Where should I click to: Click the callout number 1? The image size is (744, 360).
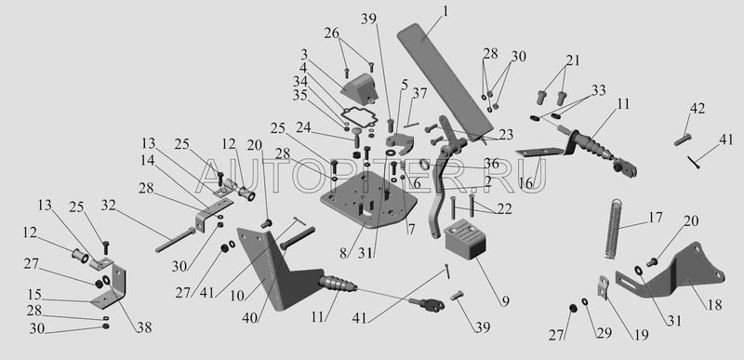(445, 11)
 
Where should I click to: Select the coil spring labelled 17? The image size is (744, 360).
(614, 229)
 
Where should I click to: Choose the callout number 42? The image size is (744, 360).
(697, 108)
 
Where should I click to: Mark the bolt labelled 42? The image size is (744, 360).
(683, 140)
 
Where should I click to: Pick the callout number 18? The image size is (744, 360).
(714, 304)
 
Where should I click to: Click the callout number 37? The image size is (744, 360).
(420, 94)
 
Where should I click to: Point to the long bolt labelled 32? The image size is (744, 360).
(175, 239)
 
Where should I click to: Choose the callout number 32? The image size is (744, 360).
(108, 206)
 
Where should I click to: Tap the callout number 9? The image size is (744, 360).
(504, 300)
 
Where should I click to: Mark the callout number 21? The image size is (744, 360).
(573, 60)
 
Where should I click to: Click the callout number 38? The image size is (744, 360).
(145, 327)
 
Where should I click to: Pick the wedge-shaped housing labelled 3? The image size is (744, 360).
(359, 89)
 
